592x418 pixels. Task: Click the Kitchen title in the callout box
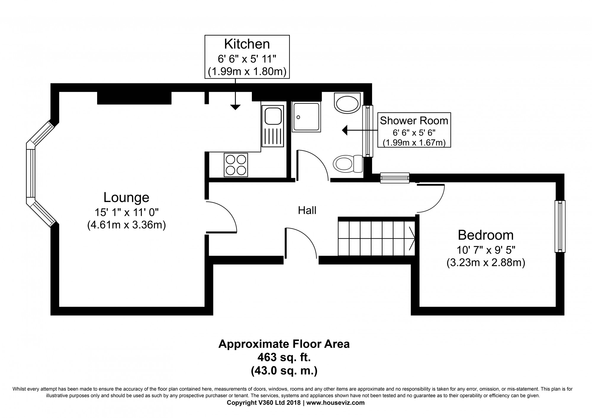pyautogui.click(x=247, y=44)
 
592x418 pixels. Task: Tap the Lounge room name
pyautogui.click(x=126, y=197)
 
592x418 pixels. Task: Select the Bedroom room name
pyautogui.click(x=486, y=235)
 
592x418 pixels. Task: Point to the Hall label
pyautogui.click(x=307, y=210)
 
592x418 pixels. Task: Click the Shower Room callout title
pyautogui.click(x=414, y=121)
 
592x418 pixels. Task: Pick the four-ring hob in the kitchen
pyautogui.click(x=236, y=165)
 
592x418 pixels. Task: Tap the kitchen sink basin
pyautogui.click(x=273, y=116)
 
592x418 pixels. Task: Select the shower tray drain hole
pyautogui.click(x=298, y=117)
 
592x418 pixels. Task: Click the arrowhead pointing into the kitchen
pyautogui.click(x=235, y=107)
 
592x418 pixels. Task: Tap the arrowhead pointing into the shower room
pyautogui.click(x=345, y=130)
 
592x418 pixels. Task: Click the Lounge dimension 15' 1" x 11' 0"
pyautogui.click(x=127, y=212)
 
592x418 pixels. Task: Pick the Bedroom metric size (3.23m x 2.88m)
pyautogui.click(x=486, y=263)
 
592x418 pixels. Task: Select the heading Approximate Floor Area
pyautogui.click(x=284, y=344)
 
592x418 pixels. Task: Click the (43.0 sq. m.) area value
pyautogui.click(x=284, y=371)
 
